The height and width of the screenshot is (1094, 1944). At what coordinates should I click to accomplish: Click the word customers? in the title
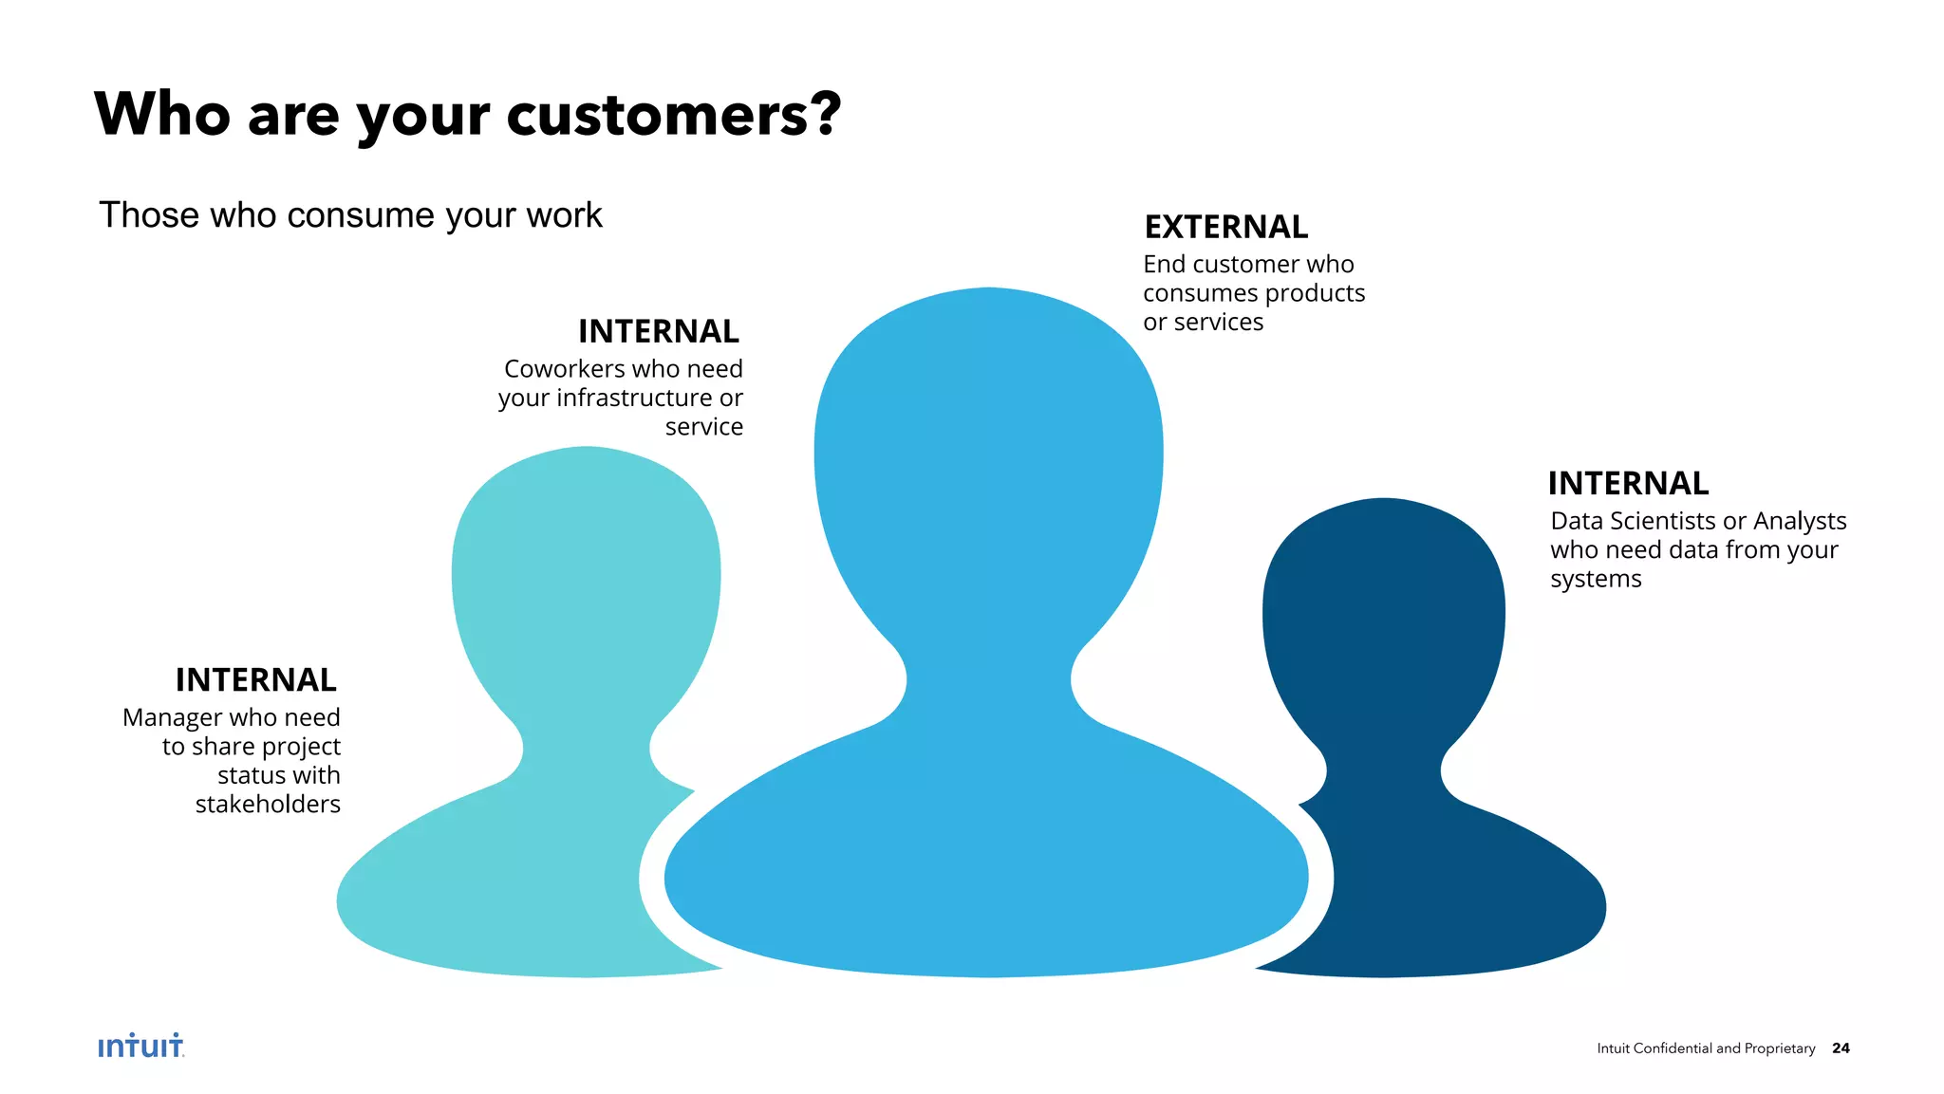pyautogui.click(x=673, y=115)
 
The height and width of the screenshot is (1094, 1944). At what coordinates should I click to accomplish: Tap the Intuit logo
pyautogui.click(x=140, y=1046)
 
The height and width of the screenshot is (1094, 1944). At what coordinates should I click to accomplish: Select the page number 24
pyautogui.click(x=1841, y=1048)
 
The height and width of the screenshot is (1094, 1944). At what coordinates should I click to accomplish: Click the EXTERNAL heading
pyautogui.click(x=1225, y=228)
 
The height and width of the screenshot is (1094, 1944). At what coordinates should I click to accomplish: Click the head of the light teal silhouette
pyautogui.click(x=586, y=579)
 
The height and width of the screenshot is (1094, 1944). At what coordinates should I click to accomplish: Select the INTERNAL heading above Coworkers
pyautogui.click(x=658, y=332)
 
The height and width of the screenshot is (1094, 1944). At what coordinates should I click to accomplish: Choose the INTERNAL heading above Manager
pyautogui.click(x=255, y=680)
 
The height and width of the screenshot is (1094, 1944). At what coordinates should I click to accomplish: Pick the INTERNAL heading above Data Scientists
pyautogui.click(x=1628, y=484)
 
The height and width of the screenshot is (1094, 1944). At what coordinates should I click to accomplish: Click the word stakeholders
pyautogui.click(x=268, y=805)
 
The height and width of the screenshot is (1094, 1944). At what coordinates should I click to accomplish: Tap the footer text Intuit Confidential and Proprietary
pyautogui.click(x=1706, y=1048)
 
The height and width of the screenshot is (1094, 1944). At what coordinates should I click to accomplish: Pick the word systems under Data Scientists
pyautogui.click(x=1596, y=580)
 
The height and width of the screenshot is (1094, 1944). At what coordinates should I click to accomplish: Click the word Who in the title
pyautogui.click(x=162, y=115)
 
